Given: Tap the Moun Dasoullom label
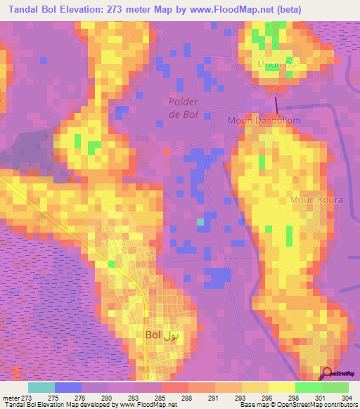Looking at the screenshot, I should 264,121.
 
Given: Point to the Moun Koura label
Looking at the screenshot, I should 316,200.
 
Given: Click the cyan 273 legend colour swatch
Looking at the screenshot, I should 41,387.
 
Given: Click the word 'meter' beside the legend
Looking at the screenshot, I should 12,397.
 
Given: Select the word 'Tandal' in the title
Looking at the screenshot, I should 21,9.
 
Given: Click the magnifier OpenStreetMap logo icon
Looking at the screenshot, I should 328,375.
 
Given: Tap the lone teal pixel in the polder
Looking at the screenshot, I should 200,222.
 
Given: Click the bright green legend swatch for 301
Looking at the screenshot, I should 308,387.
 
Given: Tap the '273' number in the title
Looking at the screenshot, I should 134,9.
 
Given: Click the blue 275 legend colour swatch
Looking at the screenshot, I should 68,387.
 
